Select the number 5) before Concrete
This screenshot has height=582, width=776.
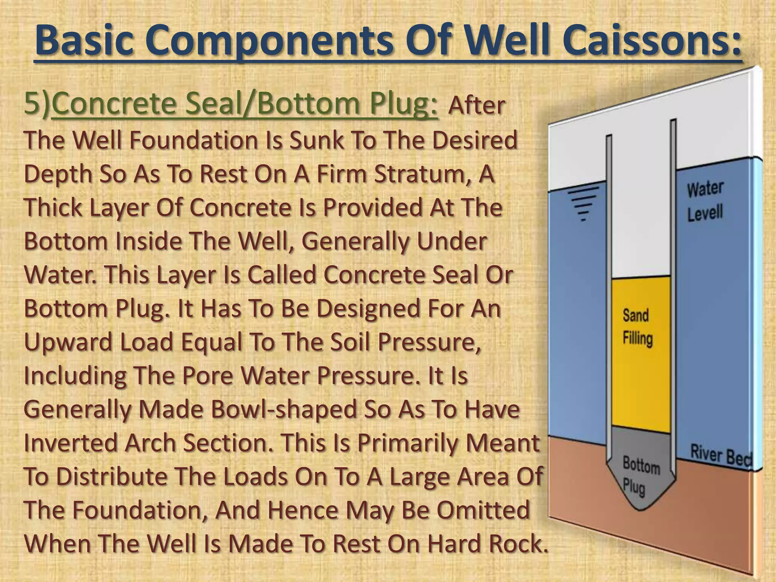tap(37, 104)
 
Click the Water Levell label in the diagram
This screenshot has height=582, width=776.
tap(705, 201)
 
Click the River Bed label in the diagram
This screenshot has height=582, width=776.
tap(720, 455)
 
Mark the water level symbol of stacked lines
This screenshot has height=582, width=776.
tap(584, 203)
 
